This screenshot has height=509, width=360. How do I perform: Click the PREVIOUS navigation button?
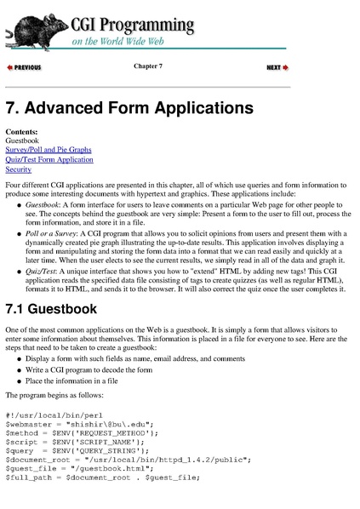(x=24, y=67)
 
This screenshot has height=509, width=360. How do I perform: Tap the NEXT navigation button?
(x=277, y=67)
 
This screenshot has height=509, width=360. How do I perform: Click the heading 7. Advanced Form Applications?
(x=129, y=109)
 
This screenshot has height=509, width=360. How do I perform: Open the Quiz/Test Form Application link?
(x=49, y=159)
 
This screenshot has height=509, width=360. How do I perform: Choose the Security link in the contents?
(x=18, y=169)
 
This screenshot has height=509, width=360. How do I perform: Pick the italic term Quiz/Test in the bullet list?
(x=41, y=275)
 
